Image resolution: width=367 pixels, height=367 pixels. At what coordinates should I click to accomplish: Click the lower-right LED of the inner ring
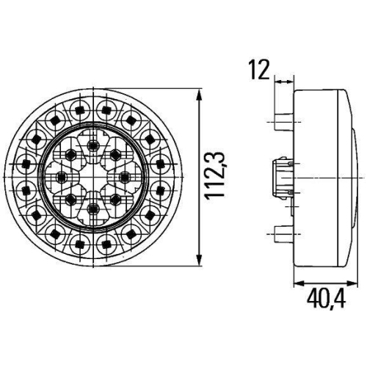tap(115, 200)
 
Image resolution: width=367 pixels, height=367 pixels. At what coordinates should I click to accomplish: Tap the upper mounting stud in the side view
tap(283, 121)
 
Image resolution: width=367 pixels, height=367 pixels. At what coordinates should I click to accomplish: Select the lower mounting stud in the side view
tap(283, 234)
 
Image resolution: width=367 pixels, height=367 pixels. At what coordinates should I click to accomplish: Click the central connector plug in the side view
tap(283, 178)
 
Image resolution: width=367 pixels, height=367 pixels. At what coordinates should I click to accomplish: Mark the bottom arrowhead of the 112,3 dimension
tap(201, 262)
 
